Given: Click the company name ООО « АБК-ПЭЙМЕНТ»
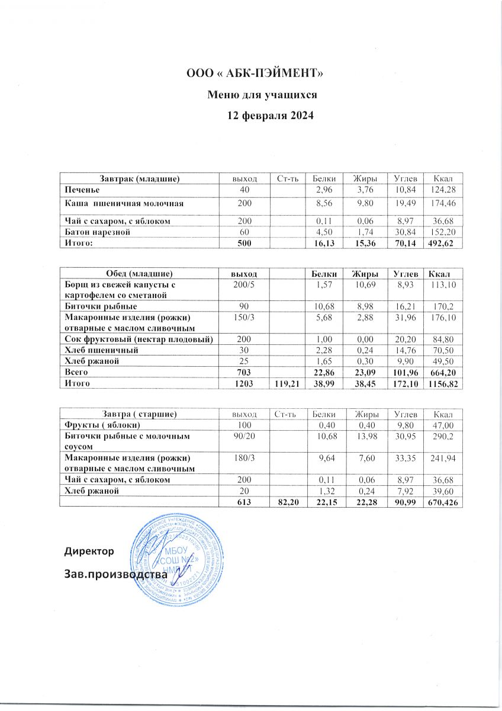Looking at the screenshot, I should [x=255, y=74].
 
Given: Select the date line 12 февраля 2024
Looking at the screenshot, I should [x=271, y=116].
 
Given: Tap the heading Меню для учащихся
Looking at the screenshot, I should [x=262, y=95].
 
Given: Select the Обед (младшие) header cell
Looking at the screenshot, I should [x=139, y=274].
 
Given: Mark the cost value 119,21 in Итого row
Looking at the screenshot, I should [x=285, y=384].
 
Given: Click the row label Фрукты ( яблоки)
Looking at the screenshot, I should [x=102, y=425].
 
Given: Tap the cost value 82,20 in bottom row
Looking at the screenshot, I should [x=285, y=502].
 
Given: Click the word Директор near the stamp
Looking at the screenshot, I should [x=89, y=552].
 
